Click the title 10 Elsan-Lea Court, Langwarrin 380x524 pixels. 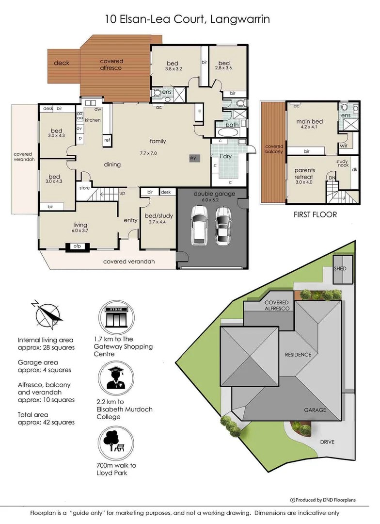[188, 19]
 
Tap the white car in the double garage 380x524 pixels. [199, 225]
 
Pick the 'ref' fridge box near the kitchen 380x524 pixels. [107, 140]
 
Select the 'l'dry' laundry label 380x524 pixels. [225, 156]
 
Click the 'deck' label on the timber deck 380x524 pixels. [62, 63]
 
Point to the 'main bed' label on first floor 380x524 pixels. [310, 122]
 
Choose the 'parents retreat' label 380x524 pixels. [305, 173]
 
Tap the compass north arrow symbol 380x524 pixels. [47, 314]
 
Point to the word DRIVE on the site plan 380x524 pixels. [327, 442]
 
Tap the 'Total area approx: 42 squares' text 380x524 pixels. [46, 418]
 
